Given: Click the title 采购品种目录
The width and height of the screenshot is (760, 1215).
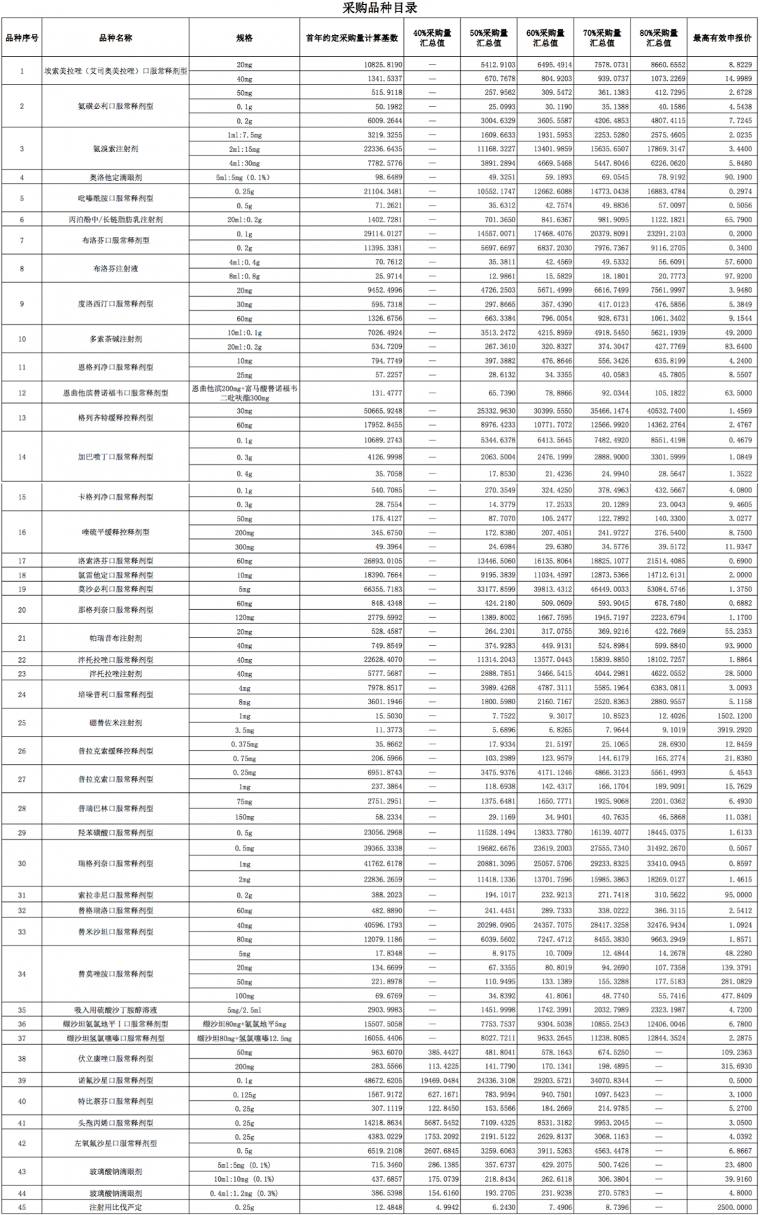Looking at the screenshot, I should [x=379, y=8].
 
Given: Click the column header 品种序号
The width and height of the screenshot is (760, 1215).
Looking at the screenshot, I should [x=22, y=38].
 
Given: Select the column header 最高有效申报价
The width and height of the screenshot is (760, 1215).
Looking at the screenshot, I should [x=722, y=38].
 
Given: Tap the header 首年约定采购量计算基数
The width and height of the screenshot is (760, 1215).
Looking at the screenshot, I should [x=352, y=38].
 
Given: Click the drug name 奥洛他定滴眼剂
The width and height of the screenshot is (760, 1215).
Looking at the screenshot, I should [x=115, y=177].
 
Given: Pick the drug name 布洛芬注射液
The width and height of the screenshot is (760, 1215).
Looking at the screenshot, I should [x=115, y=269].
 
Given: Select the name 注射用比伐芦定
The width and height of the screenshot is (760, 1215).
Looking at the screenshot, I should [x=115, y=1207].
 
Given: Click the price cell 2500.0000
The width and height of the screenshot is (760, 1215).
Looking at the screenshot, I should [x=734, y=1207].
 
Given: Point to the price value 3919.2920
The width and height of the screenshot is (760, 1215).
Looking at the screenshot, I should [x=734, y=730].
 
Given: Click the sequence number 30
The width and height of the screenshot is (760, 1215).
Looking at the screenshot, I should [x=22, y=864].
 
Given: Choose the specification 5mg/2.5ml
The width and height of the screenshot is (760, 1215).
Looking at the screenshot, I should [x=244, y=1010].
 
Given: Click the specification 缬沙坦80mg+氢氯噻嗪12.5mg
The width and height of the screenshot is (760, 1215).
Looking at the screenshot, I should [x=244, y=1038].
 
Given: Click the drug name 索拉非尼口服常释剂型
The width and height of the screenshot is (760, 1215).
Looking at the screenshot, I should [x=115, y=896].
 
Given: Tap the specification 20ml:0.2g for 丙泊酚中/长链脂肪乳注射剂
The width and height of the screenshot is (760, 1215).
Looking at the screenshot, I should [x=244, y=220].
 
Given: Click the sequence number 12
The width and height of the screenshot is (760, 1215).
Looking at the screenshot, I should [x=22, y=393].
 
